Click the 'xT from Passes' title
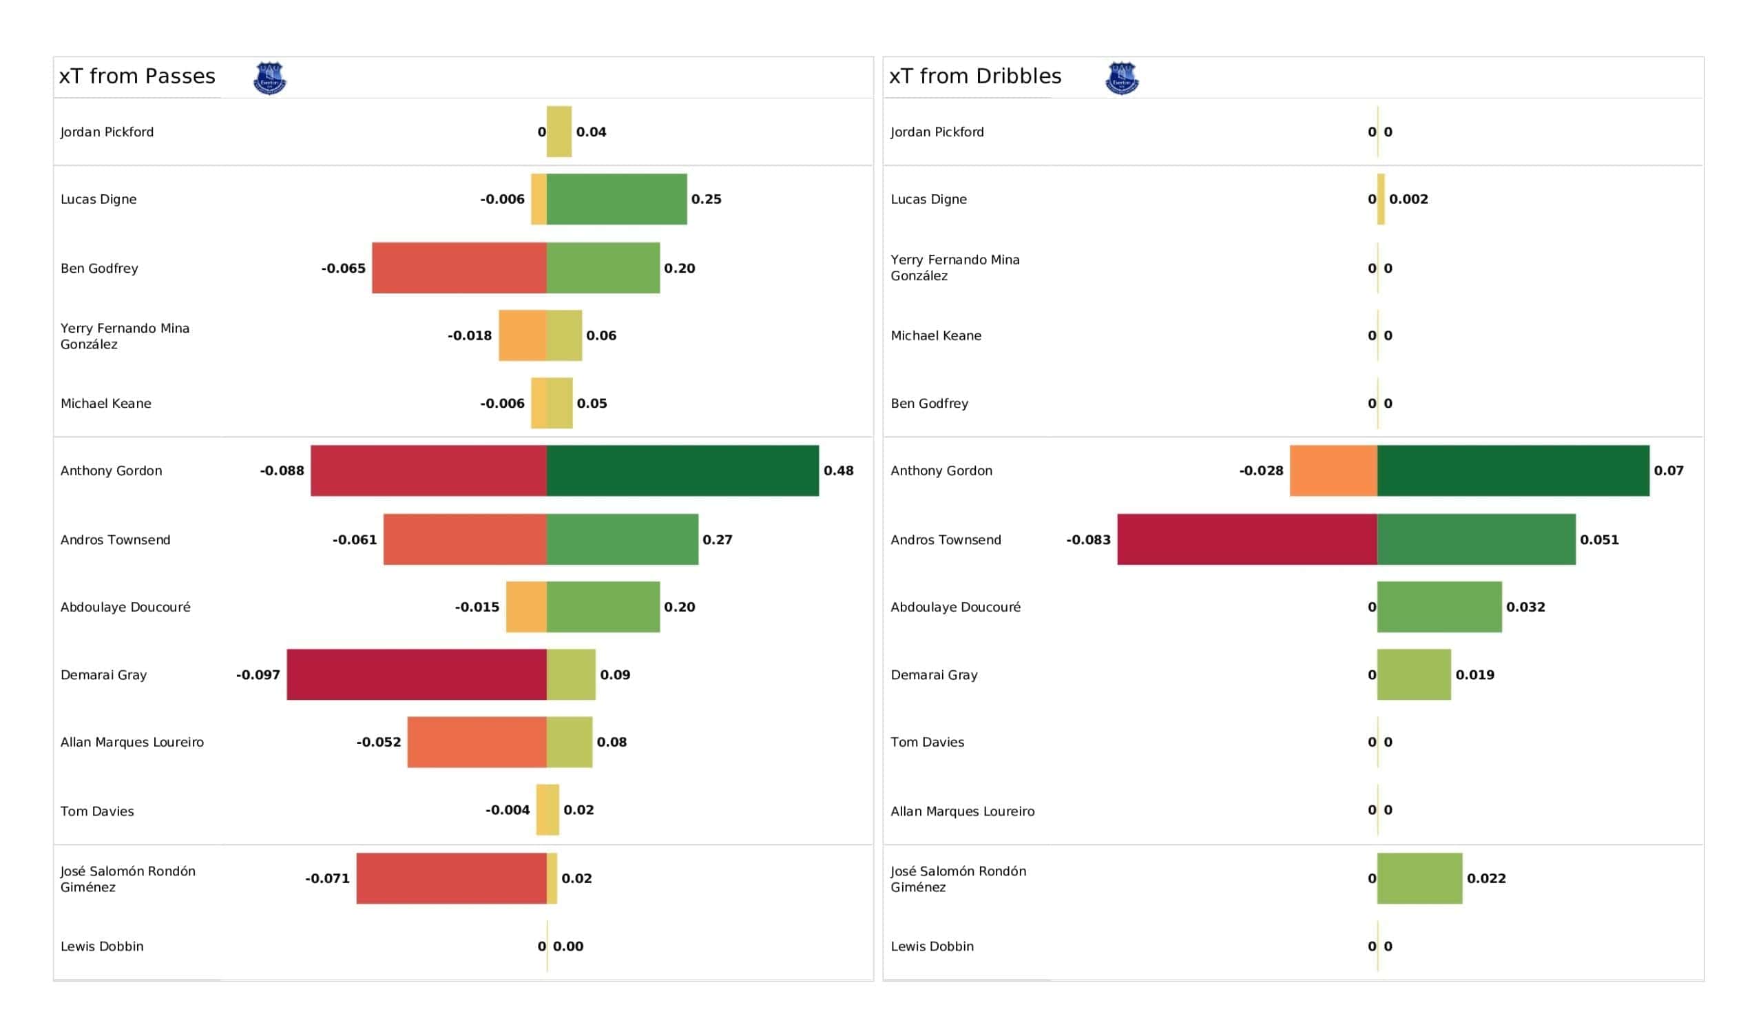(137, 76)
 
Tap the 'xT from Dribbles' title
(975, 76)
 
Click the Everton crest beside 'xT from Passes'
(269, 78)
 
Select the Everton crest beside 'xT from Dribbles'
(1122, 78)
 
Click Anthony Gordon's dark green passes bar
(682, 470)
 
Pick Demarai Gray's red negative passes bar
(417, 674)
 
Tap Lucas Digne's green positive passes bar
(617, 199)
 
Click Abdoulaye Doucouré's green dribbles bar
(1440, 607)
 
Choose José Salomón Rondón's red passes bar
(452, 878)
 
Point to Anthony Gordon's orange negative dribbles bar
(1333, 470)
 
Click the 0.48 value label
(839, 470)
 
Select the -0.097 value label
(258, 675)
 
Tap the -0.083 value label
(1089, 540)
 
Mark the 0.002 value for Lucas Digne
(1409, 199)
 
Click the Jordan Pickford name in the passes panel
(107, 132)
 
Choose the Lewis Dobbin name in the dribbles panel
(932, 946)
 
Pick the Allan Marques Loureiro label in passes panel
(132, 742)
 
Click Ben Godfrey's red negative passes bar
(459, 268)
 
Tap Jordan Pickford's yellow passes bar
(559, 132)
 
